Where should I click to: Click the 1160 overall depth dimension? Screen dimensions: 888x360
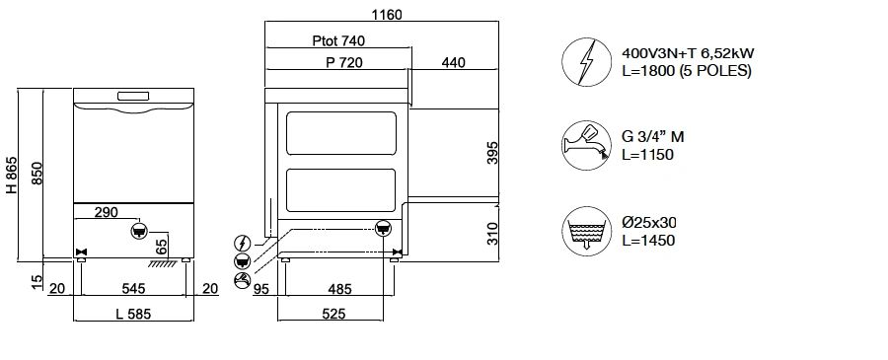387,14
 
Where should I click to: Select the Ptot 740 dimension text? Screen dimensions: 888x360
338,40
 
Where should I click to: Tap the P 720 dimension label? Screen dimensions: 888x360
343,62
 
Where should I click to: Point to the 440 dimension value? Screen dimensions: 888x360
453,62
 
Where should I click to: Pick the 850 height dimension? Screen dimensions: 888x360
37,174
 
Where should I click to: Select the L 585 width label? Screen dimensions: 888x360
133,315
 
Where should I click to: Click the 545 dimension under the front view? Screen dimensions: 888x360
133,289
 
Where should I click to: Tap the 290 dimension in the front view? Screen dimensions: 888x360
106,212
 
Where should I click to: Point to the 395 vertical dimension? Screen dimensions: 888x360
492,153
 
